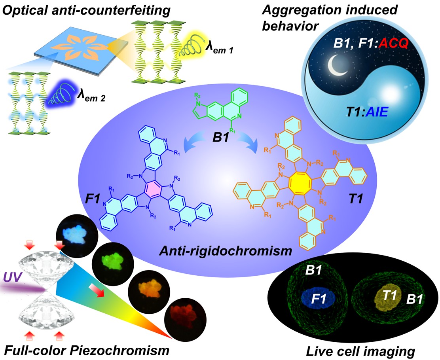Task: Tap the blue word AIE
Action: (x=377, y=112)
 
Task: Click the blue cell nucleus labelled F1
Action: (x=318, y=297)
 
